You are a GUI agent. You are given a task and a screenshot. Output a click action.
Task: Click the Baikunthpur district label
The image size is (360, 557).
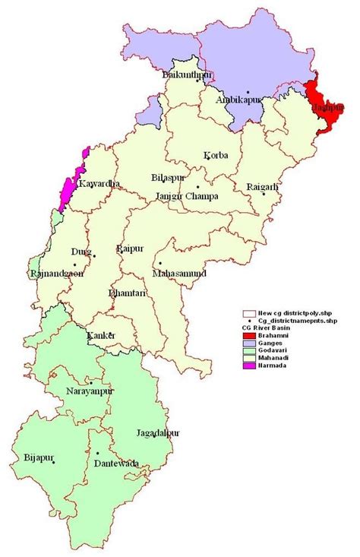(x=187, y=74)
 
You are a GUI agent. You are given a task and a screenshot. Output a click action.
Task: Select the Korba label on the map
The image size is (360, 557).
(x=215, y=156)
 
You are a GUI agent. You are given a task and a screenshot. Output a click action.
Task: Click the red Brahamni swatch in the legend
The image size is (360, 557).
(x=248, y=335)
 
